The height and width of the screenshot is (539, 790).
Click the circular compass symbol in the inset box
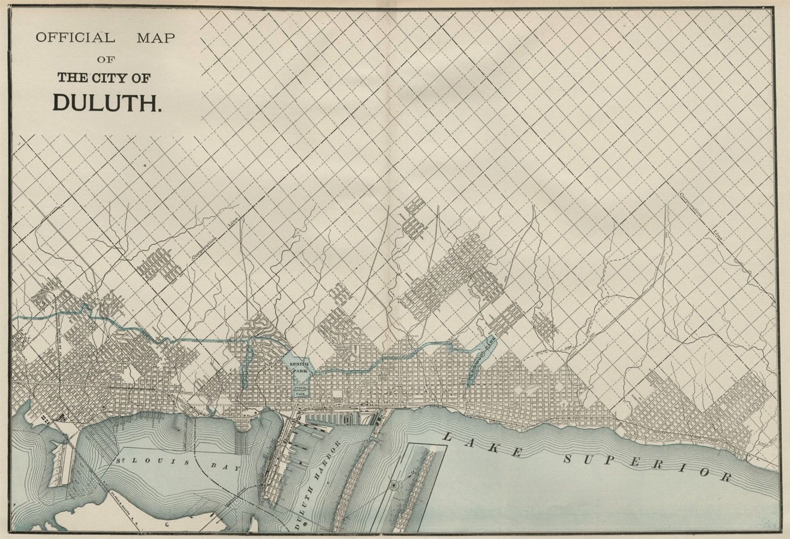pyautogui.click(x=394, y=486)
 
